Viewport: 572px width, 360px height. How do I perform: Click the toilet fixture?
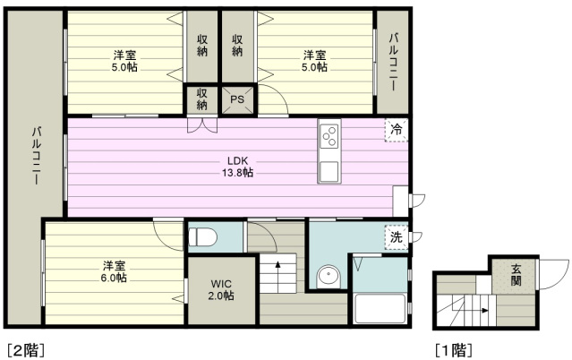pos(202,237)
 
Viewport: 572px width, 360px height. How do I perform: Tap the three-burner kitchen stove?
pos(329,136)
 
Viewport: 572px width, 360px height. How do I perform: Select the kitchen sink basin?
pos(329,171)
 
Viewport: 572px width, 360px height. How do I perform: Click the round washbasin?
pos(329,276)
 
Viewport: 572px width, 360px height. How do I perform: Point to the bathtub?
pos(380,308)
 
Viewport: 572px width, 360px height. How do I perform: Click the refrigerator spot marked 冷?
pos(397,130)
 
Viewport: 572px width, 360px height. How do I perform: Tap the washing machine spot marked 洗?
pos(397,237)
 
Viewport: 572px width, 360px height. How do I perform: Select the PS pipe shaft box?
pos(237,99)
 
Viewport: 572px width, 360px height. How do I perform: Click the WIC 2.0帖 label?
pos(221,289)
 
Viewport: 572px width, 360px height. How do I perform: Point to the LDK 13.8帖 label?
pos(237,167)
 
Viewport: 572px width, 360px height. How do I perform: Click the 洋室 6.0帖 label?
pos(115,271)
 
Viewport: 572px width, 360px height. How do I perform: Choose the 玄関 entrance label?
pos(516,275)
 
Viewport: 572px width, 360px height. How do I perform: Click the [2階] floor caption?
pos(26,350)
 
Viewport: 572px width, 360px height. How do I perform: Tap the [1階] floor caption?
pos(454,350)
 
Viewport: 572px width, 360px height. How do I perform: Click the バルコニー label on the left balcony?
pos(36,156)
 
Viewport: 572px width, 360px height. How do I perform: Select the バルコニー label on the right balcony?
pos(393,62)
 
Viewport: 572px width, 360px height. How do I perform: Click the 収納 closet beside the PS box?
pos(201,99)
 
